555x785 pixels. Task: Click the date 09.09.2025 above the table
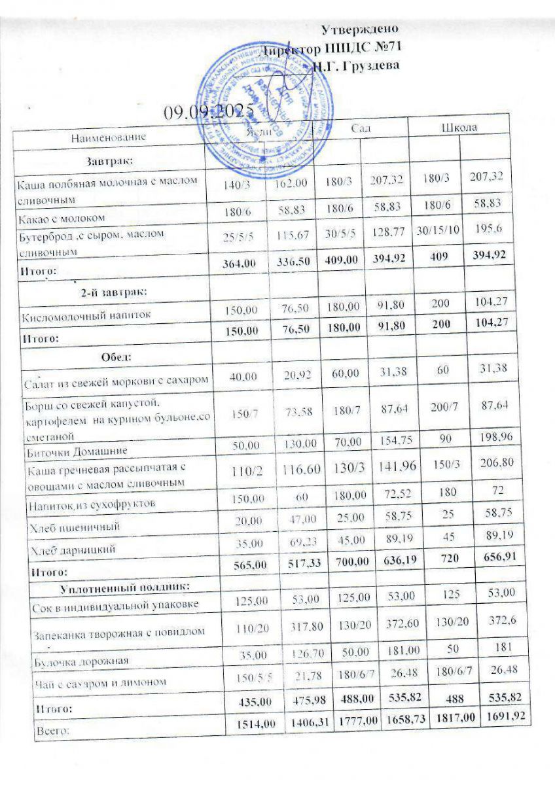[x=208, y=112]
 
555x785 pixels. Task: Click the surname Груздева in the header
[x=366, y=65]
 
